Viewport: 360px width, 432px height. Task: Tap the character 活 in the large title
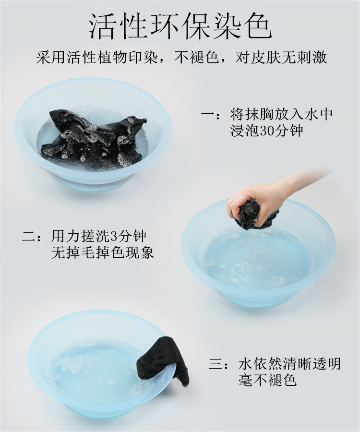point(104,26)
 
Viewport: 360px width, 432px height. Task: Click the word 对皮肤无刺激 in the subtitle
point(281,58)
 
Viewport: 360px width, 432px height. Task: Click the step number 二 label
point(29,236)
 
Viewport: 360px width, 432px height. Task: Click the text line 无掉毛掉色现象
point(102,252)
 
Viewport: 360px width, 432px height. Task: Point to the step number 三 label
point(216,364)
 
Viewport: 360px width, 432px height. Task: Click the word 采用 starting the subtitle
point(51,58)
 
